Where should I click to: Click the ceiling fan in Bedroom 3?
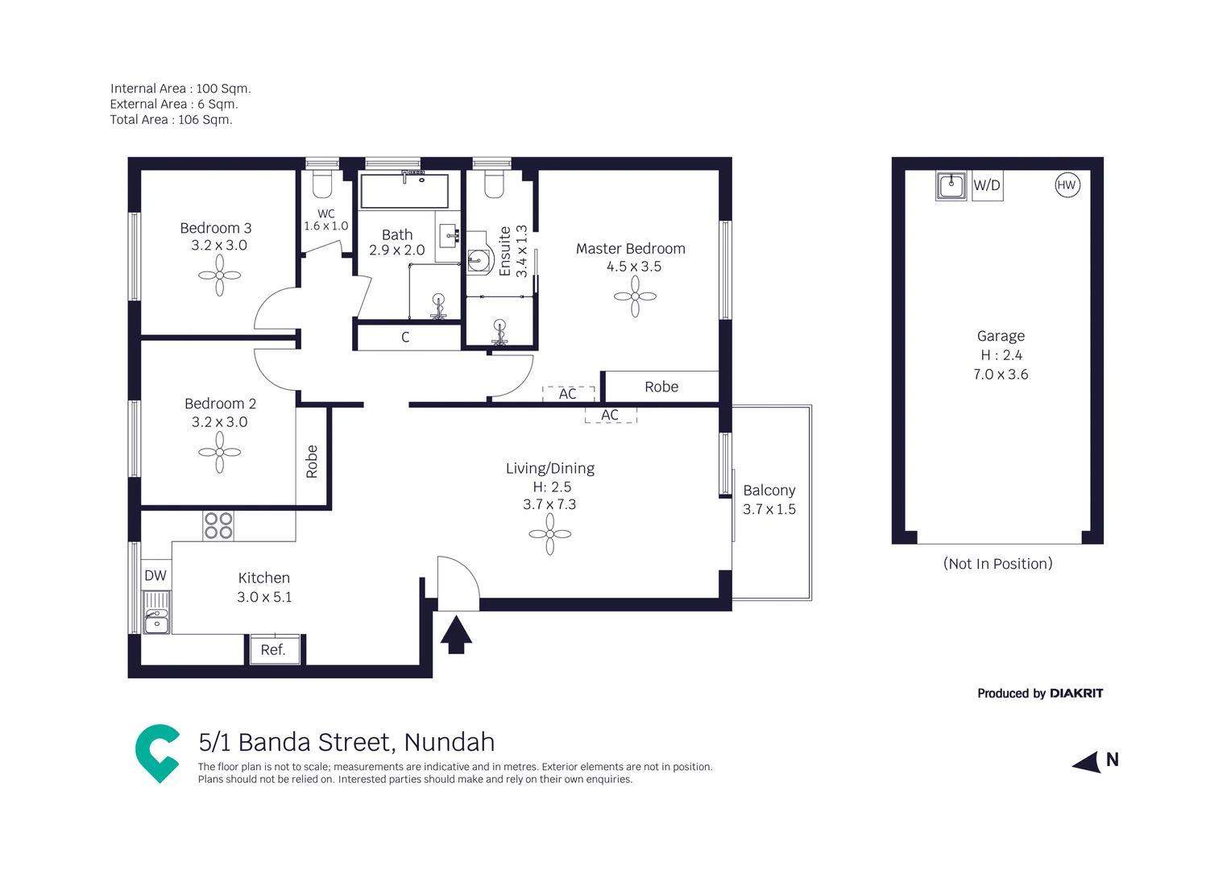219,275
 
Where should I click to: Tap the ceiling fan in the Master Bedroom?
635,296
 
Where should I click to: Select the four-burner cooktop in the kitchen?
218,525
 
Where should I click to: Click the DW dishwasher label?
155,575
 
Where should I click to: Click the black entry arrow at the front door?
456,635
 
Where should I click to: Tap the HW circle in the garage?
1067,184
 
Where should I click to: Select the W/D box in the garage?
988,185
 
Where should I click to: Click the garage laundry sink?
951,185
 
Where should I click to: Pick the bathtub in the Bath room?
404,190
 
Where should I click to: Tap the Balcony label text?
769,490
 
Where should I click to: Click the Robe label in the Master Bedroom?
661,387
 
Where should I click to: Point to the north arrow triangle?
1087,762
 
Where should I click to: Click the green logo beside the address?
158,752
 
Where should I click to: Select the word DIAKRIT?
1076,693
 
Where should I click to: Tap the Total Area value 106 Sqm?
205,119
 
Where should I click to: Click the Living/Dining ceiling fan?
550,533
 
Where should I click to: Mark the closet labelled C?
405,337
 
